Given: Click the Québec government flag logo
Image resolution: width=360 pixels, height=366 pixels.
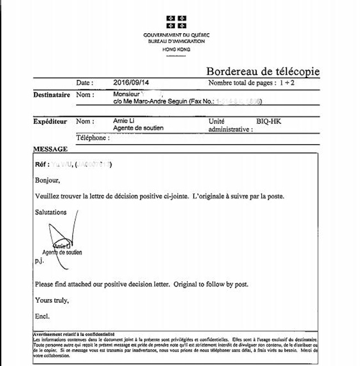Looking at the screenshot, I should click(x=177, y=22).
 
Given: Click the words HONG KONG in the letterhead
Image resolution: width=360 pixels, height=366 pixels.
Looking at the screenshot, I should click(x=176, y=49).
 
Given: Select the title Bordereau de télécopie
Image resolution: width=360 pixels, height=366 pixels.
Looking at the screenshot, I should click(x=263, y=72).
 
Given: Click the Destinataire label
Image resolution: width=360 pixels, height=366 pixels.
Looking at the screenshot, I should click(x=52, y=95).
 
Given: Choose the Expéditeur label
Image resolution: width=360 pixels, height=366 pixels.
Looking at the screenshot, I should click(x=50, y=121).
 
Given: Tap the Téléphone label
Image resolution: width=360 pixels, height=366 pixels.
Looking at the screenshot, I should click(x=92, y=138).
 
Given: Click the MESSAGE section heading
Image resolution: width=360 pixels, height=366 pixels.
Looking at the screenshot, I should click(x=50, y=149).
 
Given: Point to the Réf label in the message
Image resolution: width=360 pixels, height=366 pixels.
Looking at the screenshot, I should click(x=42, y=165).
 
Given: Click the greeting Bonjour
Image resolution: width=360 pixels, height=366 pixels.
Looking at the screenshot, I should click(x=47, y=180).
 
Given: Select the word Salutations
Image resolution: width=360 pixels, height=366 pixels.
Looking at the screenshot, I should click(x=50, y=212).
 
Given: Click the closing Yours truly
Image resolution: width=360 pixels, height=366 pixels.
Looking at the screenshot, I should click(x=52, y=300).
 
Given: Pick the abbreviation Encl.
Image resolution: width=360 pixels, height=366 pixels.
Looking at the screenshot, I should click(x=42, y=316).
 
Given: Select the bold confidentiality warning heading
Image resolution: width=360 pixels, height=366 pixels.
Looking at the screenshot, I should click(x=74, y=334).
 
